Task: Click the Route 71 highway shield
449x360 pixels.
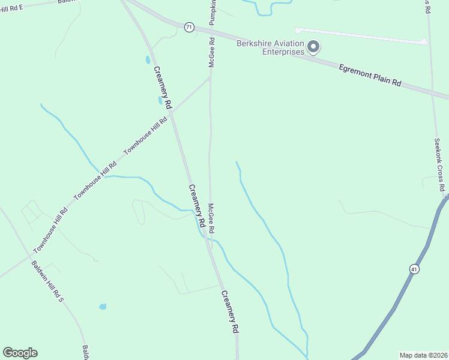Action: (x=190, y=27)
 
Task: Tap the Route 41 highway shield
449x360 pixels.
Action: (x=414, y=269)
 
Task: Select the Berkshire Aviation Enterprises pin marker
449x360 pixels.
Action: (x=313, y=46)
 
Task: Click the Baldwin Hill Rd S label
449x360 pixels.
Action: (x=47, y=281)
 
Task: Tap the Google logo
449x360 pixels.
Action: (x=20, y=353)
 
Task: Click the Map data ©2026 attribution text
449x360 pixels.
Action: (x=423, y=355)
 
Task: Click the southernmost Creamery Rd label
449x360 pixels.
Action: (x=231, y=312)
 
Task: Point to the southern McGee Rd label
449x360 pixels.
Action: (x=211, y=218)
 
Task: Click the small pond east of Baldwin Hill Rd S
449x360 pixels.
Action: (x=103, y=307)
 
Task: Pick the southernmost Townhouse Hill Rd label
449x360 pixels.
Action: (x=50, y=230)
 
